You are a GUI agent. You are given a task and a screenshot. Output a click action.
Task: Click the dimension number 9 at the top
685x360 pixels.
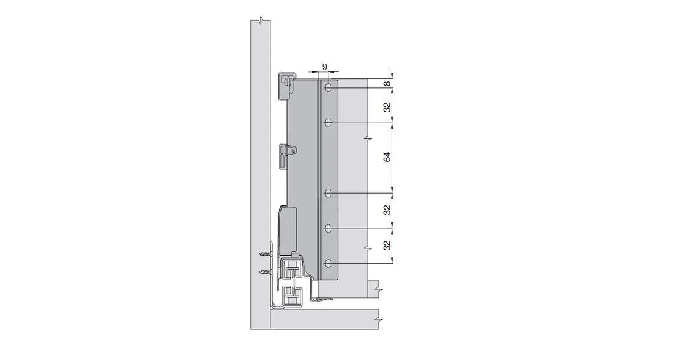(324, 67)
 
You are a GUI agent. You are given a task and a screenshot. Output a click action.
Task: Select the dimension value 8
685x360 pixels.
(387, 84)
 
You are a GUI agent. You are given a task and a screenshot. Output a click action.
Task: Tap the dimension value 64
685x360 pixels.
(387, 158)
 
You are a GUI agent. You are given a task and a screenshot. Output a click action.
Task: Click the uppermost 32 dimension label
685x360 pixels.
(387, 107)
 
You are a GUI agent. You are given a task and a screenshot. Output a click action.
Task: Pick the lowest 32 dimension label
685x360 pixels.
(387, 245)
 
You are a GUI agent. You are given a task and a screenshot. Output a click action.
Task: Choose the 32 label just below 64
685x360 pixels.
(387, 210)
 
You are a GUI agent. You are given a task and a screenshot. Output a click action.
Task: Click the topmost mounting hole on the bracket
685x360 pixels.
(329, 88)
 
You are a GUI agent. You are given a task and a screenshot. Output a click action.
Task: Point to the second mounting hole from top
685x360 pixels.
(329, 123)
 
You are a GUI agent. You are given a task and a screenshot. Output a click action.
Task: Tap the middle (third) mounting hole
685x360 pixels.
(329, 192)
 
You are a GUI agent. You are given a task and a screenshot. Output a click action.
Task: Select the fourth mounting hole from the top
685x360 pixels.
(329, 227)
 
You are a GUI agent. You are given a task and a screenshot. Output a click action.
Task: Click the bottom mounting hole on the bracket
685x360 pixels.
(329, 262)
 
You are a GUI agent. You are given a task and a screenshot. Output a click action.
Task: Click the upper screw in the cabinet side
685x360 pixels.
(264, 254)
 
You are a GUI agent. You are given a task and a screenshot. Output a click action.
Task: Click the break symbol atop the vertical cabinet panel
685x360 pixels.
(260, 22)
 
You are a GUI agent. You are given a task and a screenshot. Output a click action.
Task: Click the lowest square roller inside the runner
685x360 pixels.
(291, 293)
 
